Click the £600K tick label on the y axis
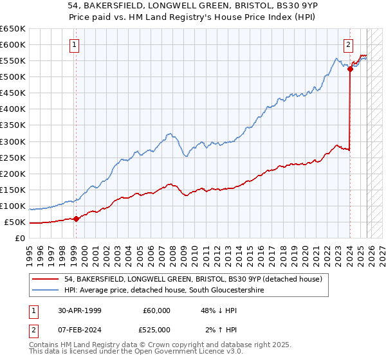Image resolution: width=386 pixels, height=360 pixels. (13, 44)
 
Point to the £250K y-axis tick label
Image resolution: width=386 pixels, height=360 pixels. (13, 157)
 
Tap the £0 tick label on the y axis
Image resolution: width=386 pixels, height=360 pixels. (20, 238)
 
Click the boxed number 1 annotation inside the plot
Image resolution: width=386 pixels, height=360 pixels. (75, 45)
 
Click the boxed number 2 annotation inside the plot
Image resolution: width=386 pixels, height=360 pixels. (348, 45)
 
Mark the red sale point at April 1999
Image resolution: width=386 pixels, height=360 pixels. (77, 219)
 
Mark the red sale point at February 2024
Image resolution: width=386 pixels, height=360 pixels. (350, 69)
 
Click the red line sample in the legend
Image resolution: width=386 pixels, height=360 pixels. (46, 278)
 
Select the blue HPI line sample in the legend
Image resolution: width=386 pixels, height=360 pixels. (46, 291)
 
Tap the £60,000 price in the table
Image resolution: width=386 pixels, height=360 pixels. (157, 310)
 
